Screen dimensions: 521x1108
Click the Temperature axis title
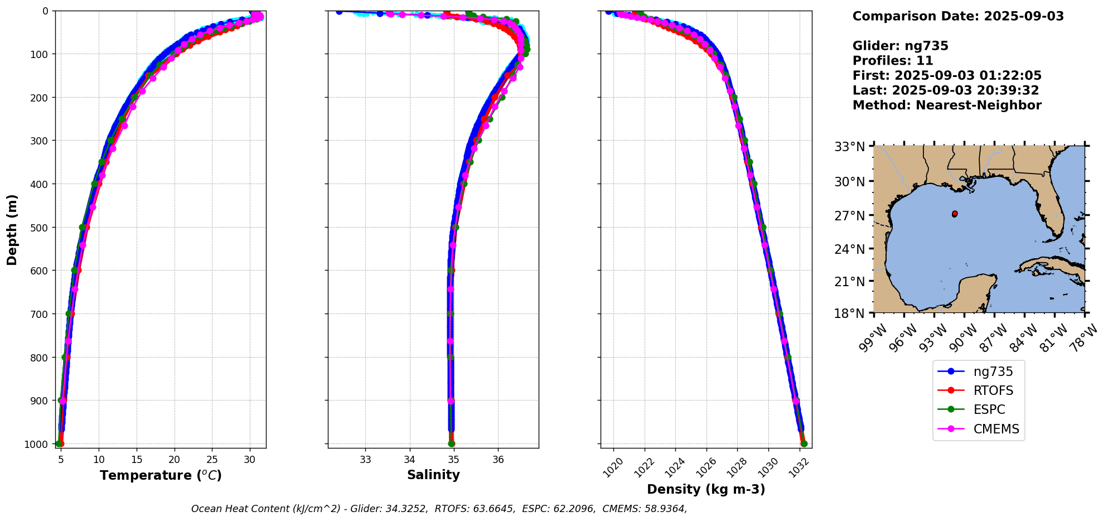(x=161, y=475)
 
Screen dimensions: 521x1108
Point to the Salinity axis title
(x=433, y=475)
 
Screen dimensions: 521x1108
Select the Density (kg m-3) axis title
(x=706, y=489)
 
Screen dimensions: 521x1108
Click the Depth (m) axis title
(x=12, y=229)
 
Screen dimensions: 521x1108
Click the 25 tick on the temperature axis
(x=212, y=460)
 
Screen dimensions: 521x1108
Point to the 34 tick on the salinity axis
(x=410, y=460)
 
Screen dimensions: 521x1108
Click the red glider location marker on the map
(x=955, y=214)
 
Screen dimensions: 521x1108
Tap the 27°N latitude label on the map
(x=849, y=215)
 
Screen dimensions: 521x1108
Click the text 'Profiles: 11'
(x=893, y=61)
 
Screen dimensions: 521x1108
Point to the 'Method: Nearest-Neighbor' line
(x=947, y=105)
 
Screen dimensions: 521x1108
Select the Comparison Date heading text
(x=958, y=16)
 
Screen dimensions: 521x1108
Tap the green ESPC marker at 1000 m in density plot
(x=804, y=444)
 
